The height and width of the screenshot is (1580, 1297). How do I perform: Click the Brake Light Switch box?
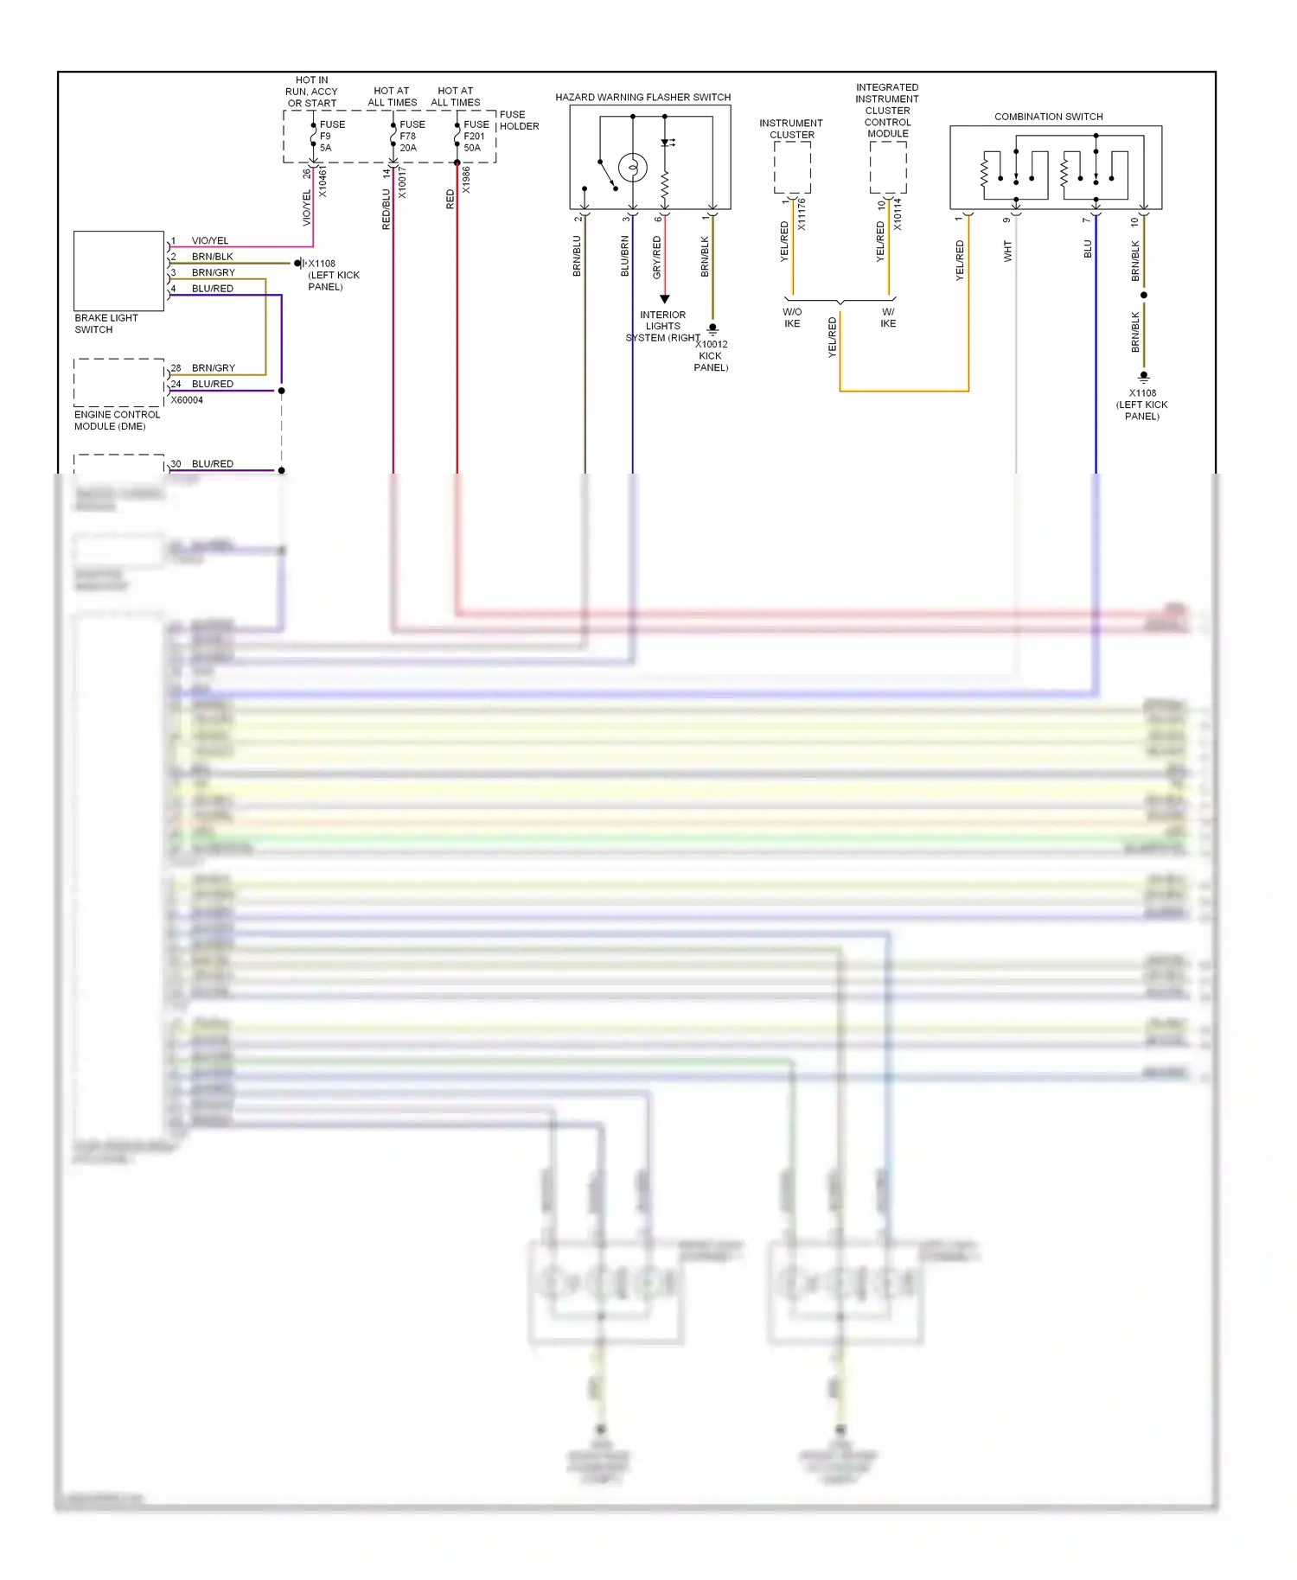click(118, 271)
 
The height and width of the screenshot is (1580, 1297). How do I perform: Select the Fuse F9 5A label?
click(331, 136)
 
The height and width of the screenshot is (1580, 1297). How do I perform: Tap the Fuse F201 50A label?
click(476, 136)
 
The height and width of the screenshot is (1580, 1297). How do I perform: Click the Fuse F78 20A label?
click(412, 136)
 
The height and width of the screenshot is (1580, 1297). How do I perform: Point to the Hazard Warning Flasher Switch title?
click(642, 97)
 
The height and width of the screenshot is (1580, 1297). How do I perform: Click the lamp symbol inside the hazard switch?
click(633, 167)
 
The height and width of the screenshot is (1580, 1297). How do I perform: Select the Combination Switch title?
click(1048, 117)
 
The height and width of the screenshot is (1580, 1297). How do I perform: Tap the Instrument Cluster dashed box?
click(792, 168)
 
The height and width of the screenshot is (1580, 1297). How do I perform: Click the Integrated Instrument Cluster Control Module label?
click(887, 111)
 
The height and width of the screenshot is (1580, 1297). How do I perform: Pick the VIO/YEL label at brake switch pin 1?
click(210, 241)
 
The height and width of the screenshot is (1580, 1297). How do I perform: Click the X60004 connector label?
click(187, 400)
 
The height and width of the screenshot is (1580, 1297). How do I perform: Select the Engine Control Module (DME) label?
click(117, 420)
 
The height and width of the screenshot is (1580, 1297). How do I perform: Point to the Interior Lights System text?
click(662, 327)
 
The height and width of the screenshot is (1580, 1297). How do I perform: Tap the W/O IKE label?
click(792, 317)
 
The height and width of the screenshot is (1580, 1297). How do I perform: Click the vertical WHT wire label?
click(1007, 252)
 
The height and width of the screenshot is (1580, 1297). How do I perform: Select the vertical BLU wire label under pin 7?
click(1088, 249)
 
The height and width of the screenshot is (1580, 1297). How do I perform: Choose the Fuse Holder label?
click(519, 120)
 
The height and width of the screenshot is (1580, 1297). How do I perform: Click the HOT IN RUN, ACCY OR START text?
click(311, 92)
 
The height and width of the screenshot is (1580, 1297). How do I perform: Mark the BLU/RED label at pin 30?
click(213, 464)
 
